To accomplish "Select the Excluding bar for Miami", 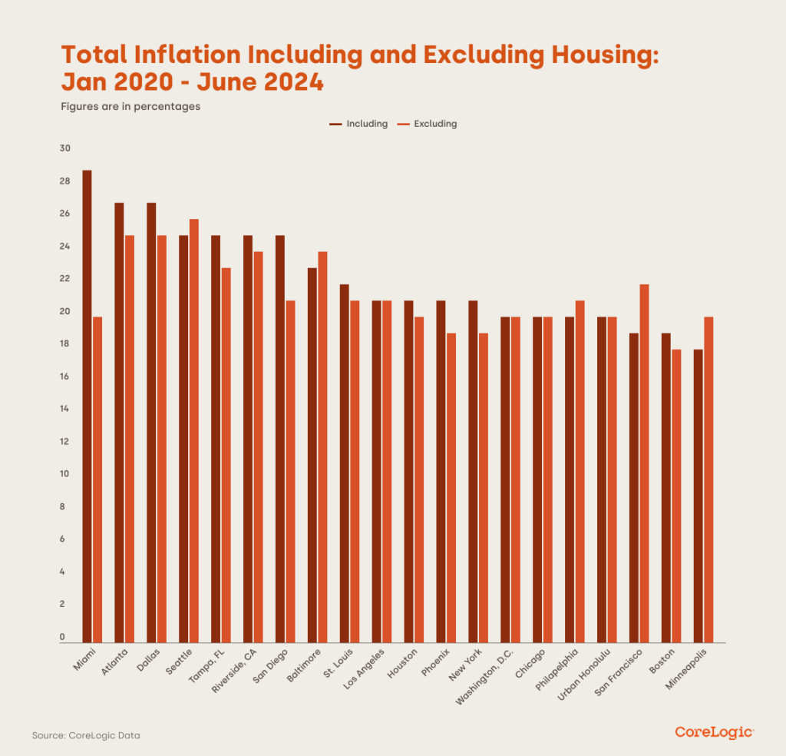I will (97, 479).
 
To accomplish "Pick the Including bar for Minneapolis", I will (698, 496).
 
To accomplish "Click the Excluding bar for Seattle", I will (194, 430).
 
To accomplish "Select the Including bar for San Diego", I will (280, 439).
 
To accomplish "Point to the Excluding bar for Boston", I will (677, 496).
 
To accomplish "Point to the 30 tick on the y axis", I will (65, 149).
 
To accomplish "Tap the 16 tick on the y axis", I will (65, 377).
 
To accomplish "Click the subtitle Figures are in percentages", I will (130, 107).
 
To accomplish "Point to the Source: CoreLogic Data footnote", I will (86, 735).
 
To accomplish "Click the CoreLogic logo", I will (714, 733).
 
